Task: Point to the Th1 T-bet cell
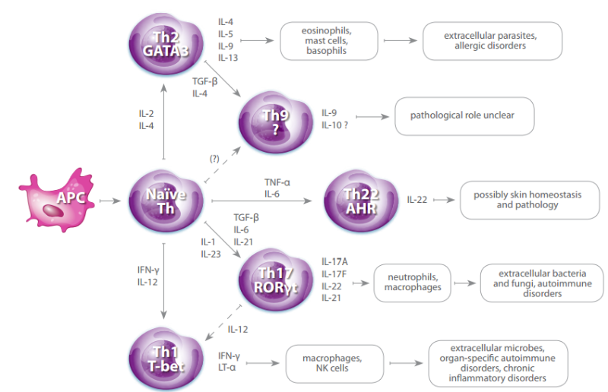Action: pos(165,357)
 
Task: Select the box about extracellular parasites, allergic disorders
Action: pos(492,40)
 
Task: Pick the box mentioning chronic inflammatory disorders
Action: pos(497,362)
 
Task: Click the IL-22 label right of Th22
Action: pos(417,199)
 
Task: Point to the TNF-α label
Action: pos(277,183)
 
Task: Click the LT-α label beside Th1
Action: pos(226,368)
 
